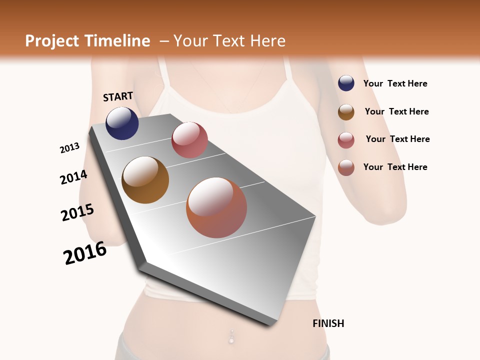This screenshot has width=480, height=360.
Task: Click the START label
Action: point(118,96)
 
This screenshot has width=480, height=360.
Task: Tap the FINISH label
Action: point(328,323)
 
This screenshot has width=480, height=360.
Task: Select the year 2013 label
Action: point(70,147)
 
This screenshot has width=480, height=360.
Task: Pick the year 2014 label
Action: point(73,177)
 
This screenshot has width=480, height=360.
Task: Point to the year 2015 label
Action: point(77,212)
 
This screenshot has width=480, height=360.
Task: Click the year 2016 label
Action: point(85,253)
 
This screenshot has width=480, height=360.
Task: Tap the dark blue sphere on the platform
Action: point(122,123)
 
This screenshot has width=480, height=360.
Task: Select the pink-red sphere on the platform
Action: point(189,140)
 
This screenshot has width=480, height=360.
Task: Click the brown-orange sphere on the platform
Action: point(145,180)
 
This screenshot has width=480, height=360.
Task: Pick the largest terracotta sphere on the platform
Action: point(216,207)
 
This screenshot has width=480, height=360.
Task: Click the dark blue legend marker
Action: point(346,83)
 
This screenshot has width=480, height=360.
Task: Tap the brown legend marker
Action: point(346,112)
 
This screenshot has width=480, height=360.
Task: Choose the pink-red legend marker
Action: point(346,140)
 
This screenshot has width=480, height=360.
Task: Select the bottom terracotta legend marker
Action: point(346,167)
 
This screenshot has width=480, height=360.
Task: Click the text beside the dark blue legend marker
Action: point(395,83)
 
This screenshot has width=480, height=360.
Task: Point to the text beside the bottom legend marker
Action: point(395,167)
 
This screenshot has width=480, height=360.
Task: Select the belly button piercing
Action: point(231,336)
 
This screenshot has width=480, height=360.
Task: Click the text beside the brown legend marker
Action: point(397,111)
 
